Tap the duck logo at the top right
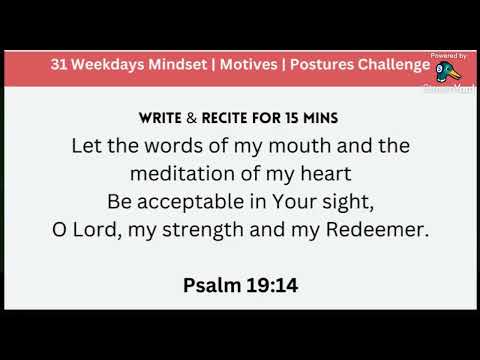[x=447, y=73]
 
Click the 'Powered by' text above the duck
[x=447, y=56]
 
